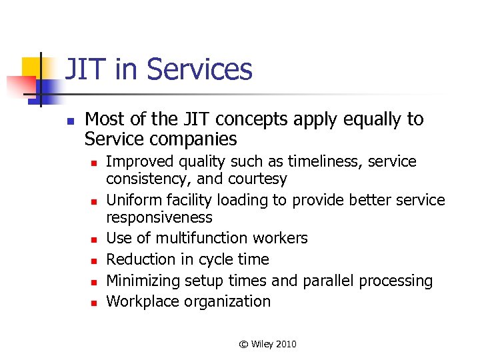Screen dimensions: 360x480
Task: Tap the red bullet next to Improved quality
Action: pyautogui.click(x=95, y=162)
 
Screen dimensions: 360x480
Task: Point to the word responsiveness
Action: pyautogui.click(x=159, y=217)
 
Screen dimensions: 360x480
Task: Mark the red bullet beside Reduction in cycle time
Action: pyautogui.click(x=95, y=260)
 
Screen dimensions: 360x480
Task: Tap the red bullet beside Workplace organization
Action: pyautogui.click(x=95, y=302)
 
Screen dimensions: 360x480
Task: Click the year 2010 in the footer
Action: pyautogui.click(x=285, y=344)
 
